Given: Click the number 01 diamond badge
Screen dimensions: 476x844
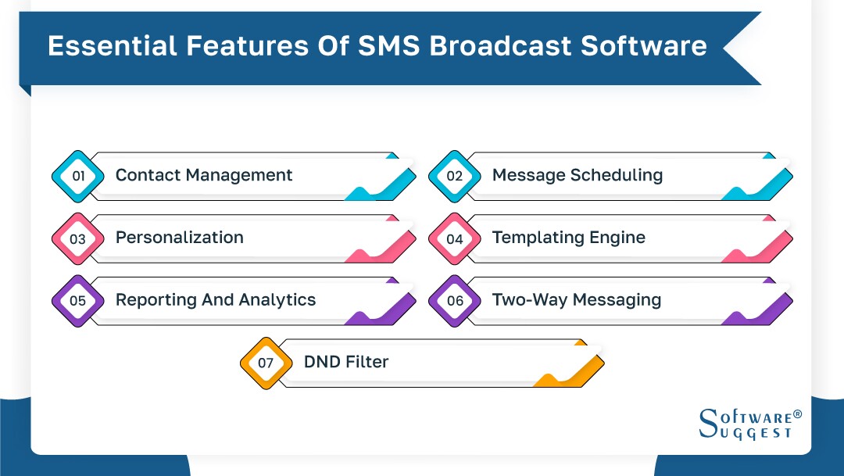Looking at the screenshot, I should coord(78,176).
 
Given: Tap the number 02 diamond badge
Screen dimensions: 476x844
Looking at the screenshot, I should coord(455,176).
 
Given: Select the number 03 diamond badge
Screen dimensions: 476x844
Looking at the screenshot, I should coord(78,238).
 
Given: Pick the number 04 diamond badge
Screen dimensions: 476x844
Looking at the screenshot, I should coord(455,238).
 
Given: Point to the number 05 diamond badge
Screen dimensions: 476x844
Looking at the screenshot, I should coord(78,300).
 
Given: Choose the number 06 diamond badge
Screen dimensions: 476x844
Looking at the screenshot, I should coord(455,300).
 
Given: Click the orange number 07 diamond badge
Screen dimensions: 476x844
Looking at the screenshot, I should coord(266,363).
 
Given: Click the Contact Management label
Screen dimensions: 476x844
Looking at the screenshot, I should coord(204,175).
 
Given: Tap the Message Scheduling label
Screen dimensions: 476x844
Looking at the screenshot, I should coord(577,175).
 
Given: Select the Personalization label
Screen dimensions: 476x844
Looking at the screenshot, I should coord(180,238).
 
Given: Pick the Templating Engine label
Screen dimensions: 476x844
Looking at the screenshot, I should coord(568,238).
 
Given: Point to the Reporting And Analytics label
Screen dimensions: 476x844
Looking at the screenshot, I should coord(216,299).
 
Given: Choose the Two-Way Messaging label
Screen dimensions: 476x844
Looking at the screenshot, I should coord(576,299).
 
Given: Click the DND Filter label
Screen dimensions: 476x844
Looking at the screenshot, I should coord(345,362).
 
